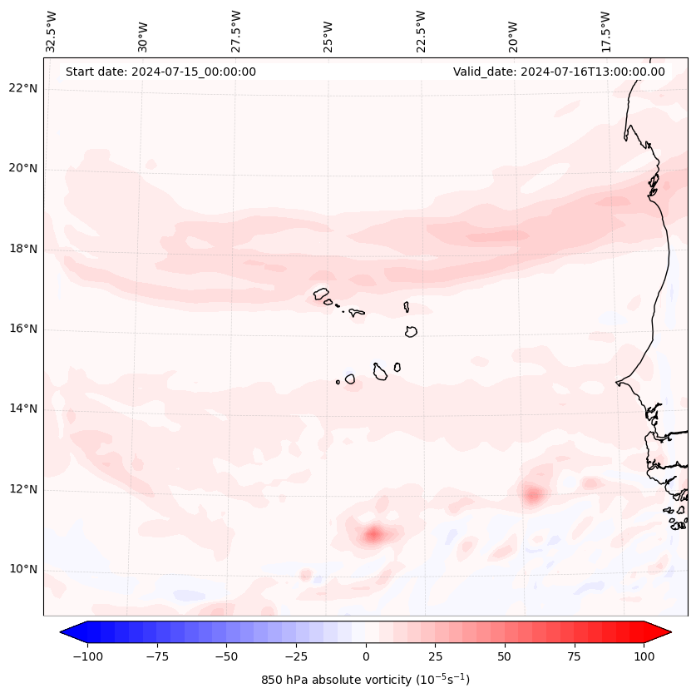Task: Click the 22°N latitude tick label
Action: (x=23, y=88)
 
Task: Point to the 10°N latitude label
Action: (x=23, y=569)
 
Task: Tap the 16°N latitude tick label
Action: (x=23, y=329)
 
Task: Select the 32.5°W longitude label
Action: (x=52, y=31)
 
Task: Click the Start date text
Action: (x=160, y=72)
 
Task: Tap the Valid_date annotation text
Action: (x=559, y=72)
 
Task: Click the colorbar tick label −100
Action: (x=86, y=656)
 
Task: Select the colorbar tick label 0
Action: (x=366, y=656)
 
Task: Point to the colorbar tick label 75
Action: (x=575, y=656)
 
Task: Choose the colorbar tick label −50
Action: (x=225, y=656)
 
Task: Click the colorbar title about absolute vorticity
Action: (x=366, y=680)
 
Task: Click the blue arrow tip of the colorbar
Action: (x=69, y=633)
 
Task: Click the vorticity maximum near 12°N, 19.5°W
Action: (x=533, y=495)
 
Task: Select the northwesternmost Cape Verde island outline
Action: (x=321, y=293)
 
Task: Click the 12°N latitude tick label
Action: (x=23, y=489)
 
